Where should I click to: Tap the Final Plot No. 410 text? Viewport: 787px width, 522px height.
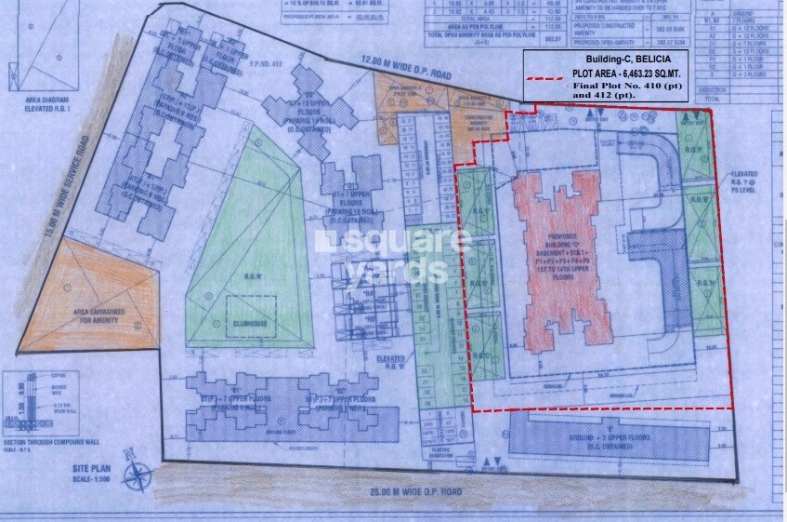pyautogui.click(x=617, y=85)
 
